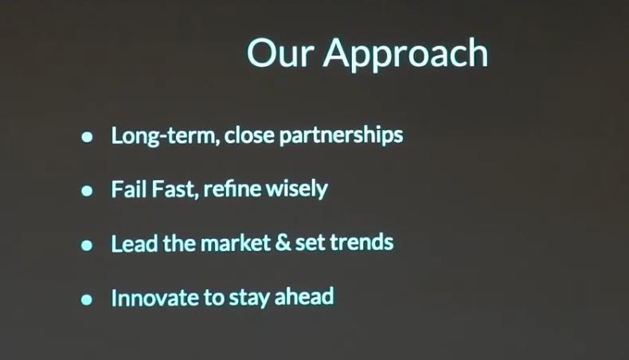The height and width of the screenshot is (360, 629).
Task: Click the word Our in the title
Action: pos(280,53)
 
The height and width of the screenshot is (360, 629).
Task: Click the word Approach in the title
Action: pos(406,55)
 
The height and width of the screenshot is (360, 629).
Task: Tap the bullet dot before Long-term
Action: pos(87,137)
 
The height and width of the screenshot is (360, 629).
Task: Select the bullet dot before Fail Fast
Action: pos(87,190)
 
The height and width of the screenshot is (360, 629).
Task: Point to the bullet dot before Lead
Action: pos(87,245)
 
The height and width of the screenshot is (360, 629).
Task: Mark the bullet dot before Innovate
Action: pos(87,299)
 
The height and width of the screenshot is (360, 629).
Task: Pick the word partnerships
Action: pos(341,135)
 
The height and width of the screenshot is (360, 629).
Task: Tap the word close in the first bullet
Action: pos(249,135)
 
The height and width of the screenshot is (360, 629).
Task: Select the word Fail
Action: pos(128,189)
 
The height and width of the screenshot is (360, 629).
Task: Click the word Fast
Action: pos(175,189)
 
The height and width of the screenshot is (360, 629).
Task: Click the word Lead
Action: pos(135,243)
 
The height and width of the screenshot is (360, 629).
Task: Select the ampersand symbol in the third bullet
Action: pos(283,243)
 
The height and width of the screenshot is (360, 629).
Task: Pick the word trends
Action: pos(361,242)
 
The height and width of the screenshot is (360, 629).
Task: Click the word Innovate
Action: pos(154,298)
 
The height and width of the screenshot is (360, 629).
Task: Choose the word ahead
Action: pos(304,296)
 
